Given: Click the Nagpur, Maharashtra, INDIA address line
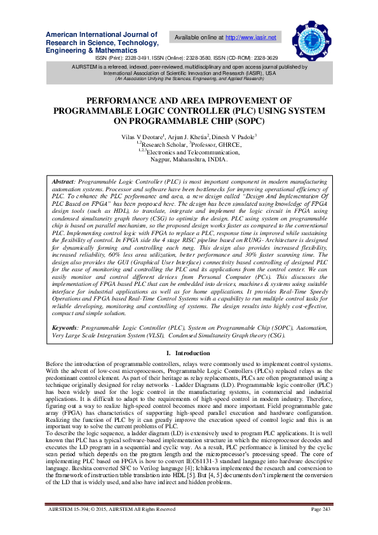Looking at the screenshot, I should pyautogui.click(x=189, y=159).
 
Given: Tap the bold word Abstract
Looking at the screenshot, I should pyautogui.click(x=63, y=182).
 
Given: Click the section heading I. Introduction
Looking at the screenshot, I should pyautogui.click(x=188, y=353).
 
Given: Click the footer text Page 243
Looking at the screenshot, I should pyautogui.click(x=323, y=527).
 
